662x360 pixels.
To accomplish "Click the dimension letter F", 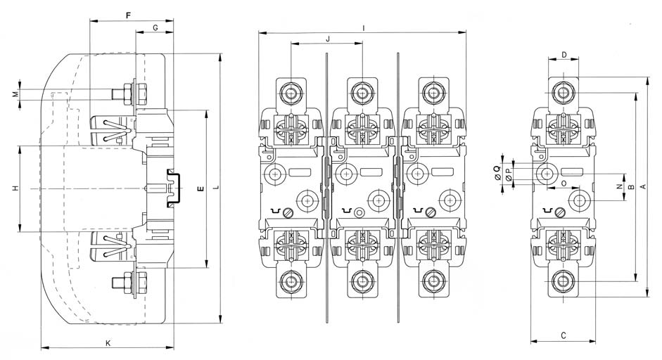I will tap(127, 15).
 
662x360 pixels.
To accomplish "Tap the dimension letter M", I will tap(14, 94).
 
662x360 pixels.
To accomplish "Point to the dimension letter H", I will tap(14, 188).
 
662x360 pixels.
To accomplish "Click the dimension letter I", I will tap(362, 27).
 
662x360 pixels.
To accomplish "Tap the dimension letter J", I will tap(327, 37).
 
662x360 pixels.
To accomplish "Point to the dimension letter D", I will tap(564, 54).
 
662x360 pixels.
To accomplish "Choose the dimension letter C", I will tap(564, 335).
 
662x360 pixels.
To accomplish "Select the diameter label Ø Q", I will tap(497, 169).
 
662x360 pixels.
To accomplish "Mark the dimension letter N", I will tap(618, 187).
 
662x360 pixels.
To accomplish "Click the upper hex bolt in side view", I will tap(130, 93).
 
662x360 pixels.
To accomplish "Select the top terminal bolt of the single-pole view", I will tap(562, 92).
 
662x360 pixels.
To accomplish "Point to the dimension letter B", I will tap(632, 187).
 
